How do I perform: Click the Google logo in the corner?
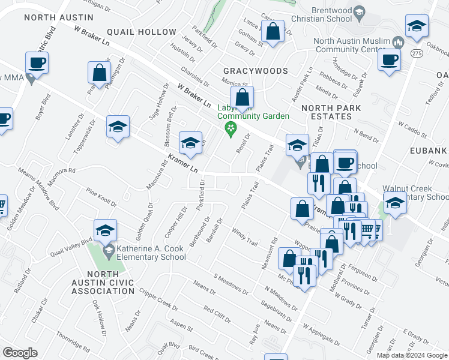pos(20,353)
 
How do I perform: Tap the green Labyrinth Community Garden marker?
pos(229,128)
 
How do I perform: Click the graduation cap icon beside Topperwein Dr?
pos(118,127)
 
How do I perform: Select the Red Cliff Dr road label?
pos(217,313)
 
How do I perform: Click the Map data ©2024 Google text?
pos(412,355)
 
